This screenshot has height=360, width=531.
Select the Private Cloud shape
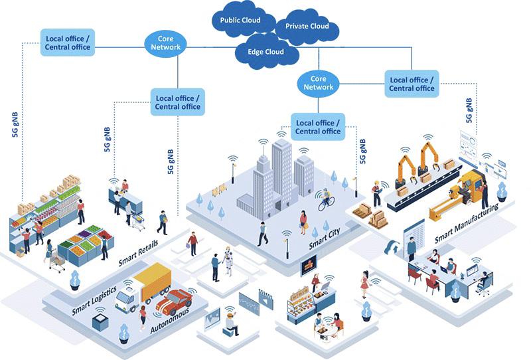coord(307,27)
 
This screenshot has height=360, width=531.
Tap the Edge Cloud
coord(265,52)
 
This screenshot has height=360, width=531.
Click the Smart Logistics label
coord(94,300)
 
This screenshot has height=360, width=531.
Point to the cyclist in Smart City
coord(326,199)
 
